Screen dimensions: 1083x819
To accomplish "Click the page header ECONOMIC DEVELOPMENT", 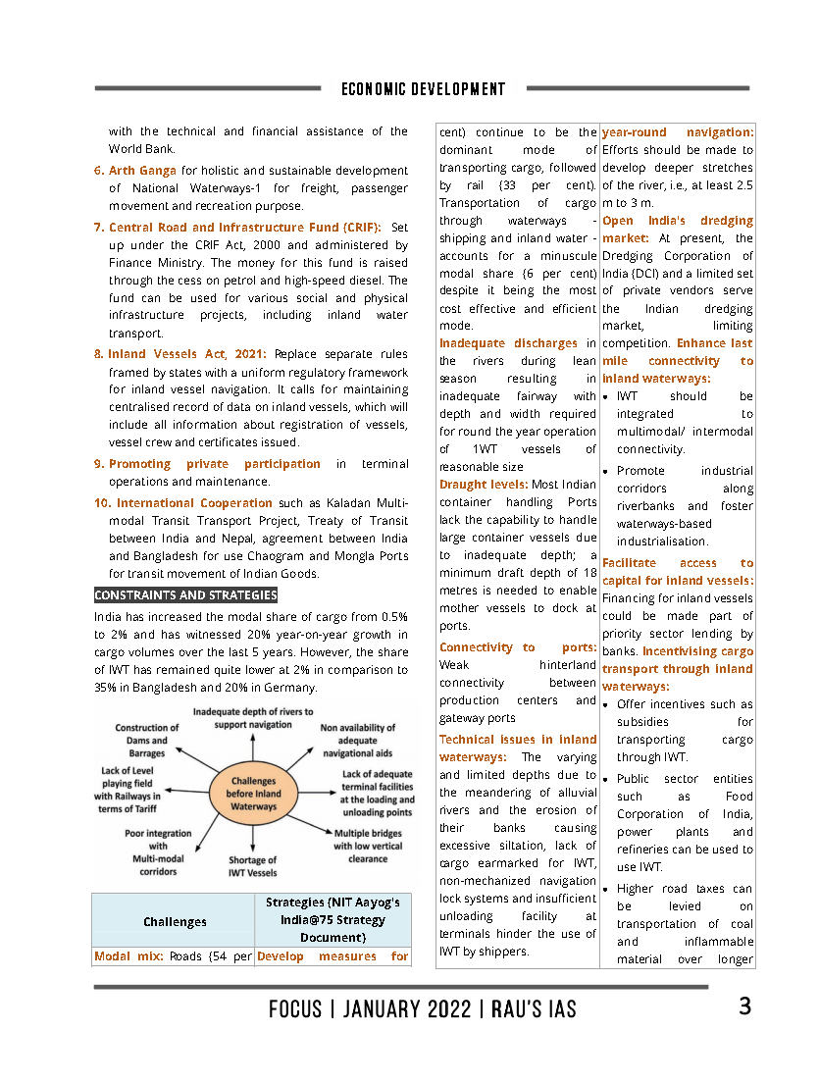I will pyautogui.click(x=423, y=89).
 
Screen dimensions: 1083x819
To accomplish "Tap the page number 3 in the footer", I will pyautogui.click(x=744, y=1006).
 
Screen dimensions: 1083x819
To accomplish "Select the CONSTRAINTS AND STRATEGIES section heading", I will pyautogui.click(x=185, y=595).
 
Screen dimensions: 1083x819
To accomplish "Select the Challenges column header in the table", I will pyautogui.click(x=175, y=921).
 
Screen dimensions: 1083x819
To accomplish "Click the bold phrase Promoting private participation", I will pyautogui.click(x=214, y=463).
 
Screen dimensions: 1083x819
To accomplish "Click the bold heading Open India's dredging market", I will pyautogui.click(x=677, y=229).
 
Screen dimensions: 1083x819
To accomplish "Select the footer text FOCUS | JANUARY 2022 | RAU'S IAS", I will pyautogui.click(x=423, y=1008).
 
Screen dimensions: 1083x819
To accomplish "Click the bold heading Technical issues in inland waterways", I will pyautogui.click(x=517, y=748).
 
